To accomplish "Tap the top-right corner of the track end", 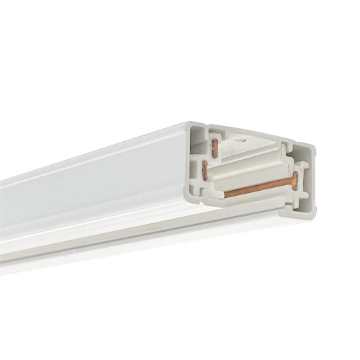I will coord(314,148).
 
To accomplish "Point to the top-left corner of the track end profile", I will coord(192,124).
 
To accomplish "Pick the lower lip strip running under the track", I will coord(108,245).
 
